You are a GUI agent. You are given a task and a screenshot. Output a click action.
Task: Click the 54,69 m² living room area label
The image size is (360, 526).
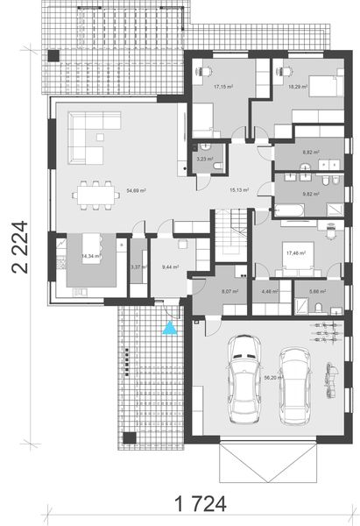(x=136, y=189)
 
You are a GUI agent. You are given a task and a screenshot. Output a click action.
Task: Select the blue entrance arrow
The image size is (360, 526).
(x=170, y=329)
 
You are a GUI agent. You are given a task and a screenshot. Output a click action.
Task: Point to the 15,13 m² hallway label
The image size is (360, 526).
(x=238, y=188)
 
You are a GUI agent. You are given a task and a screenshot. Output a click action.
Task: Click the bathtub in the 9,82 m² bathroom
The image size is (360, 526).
(x=288, y=209)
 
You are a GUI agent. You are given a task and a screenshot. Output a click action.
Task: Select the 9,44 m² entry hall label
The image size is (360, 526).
(x=170, y=267)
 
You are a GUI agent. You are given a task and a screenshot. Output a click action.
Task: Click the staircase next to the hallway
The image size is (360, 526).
(x=232, y=232)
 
